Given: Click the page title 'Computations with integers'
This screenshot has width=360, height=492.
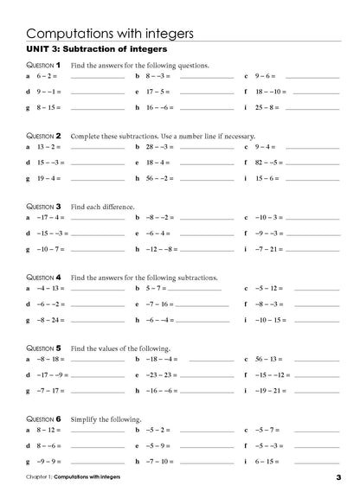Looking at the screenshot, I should tap(109, 33).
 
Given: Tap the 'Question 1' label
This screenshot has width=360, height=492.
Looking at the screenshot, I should tap(42, 65).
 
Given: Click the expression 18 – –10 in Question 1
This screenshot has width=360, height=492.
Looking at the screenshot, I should tap(265, 90).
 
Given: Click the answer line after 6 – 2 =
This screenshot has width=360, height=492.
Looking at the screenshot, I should tap(96, 77).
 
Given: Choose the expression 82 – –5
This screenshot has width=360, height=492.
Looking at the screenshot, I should tap(264, 162).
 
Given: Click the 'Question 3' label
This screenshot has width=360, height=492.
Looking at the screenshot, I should tap(42, 207).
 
